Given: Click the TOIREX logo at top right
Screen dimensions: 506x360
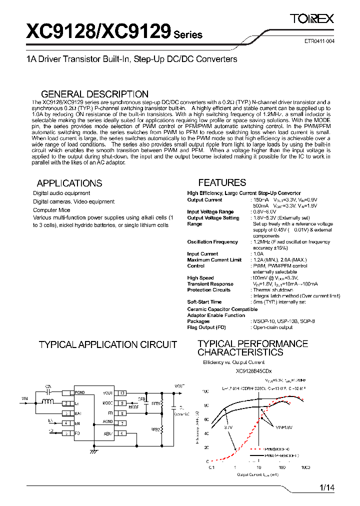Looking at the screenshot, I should tap(312, 18).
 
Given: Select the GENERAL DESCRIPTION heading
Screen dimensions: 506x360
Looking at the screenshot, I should tap(94, 94).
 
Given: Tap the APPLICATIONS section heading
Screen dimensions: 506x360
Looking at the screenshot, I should tap(69, 183).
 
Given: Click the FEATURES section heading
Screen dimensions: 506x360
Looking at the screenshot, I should tap(222, 182).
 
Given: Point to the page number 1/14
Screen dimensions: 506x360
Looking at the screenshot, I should tap(325, 487).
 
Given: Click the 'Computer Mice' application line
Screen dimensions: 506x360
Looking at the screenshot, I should tap(51, 210).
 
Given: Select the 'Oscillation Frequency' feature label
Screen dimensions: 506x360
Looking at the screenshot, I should tap(212, 242).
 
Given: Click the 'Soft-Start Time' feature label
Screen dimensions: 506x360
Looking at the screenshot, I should tap(204, 302).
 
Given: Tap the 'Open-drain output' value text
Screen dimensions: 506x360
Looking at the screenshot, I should tap(273, 327).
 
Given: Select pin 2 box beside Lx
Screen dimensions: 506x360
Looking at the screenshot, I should tap(66, 403).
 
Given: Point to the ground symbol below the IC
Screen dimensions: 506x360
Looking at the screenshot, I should tap(93, 451).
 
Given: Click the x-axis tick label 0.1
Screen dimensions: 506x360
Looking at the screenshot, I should tap(211, 467).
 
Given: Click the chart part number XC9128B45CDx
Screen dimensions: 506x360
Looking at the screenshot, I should tap(253, 371).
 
